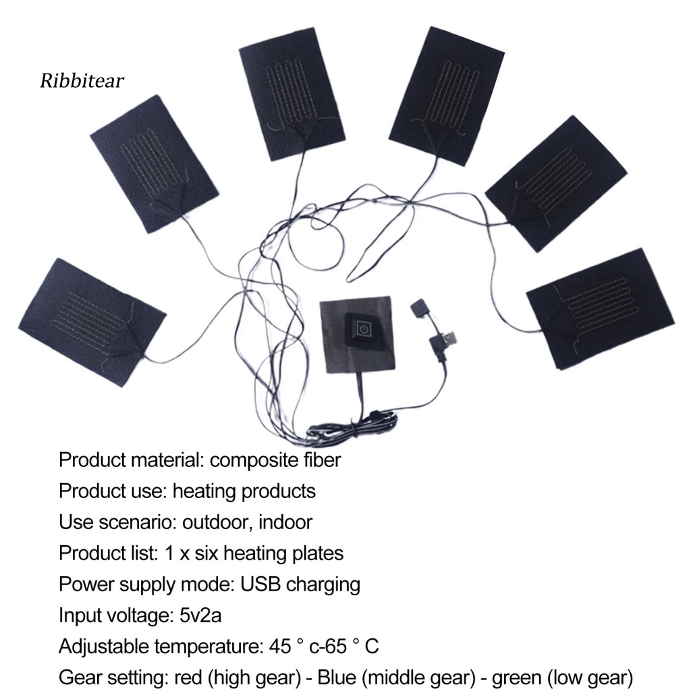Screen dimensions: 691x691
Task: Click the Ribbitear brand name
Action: (82, 81)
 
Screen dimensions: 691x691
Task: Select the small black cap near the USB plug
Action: (419, 310)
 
